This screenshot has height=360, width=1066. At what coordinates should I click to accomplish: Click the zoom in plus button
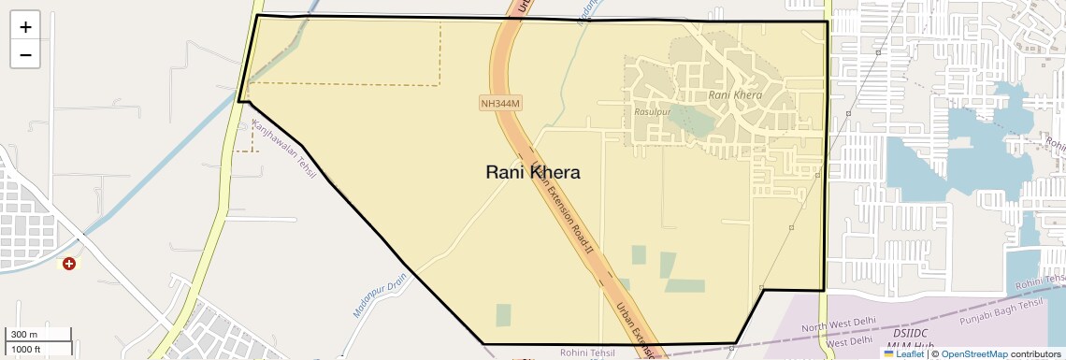[25, 27]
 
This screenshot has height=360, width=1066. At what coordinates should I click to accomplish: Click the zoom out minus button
[25, 54]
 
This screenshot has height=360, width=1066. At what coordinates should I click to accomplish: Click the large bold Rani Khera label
[533, 172]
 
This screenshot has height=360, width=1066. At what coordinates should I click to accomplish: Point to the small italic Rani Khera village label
[735, 94]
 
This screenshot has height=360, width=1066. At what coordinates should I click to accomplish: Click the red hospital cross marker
[68, 265]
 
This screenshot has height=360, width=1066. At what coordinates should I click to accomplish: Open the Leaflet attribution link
[903, 353]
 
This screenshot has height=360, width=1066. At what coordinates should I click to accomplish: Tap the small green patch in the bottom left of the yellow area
[503, 315]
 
